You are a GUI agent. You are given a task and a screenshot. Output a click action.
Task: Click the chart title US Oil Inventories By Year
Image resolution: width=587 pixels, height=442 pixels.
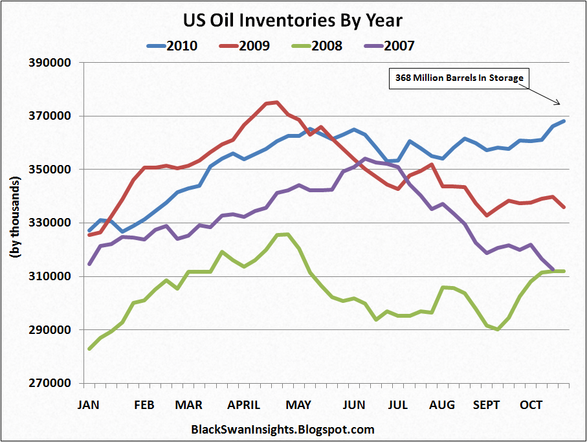coord(293,20)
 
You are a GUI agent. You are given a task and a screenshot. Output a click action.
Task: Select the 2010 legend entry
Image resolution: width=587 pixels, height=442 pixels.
coord(172,45)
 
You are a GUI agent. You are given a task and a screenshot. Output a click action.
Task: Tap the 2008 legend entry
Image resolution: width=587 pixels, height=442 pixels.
coord(316,45)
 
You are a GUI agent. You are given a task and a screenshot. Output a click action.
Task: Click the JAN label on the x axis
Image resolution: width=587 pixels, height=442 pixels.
coord(89,405)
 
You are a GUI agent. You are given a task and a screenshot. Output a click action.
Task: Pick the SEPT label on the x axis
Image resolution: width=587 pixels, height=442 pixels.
coord(487,405)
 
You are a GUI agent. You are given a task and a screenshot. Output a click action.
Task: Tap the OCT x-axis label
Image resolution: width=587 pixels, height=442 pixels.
coord(531,405)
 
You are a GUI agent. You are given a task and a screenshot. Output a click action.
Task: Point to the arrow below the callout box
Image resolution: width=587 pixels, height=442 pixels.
coord(546,97)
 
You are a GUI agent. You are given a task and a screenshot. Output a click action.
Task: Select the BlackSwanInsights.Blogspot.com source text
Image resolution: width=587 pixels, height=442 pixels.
coord(283,429)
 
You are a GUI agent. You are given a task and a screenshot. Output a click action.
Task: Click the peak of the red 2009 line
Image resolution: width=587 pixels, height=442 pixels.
coord(276,102)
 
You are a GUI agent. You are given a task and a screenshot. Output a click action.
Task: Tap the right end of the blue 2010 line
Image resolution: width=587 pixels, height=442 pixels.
coord(564,121)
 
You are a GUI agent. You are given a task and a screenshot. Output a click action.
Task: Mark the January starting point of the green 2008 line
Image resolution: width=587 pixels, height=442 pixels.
coord(89,349)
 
